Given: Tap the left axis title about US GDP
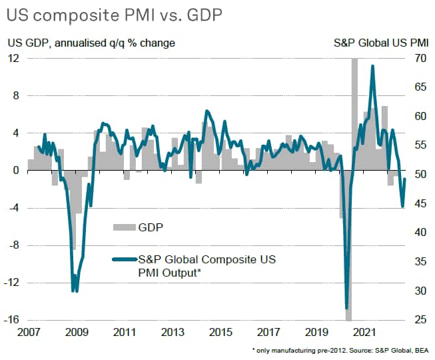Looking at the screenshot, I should (x=91, y=43).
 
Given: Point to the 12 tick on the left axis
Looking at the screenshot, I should (x=13, y=59).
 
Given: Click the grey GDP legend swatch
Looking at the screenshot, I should (x=123, y=227).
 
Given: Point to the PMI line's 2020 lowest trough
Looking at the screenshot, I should (x=346, y=308).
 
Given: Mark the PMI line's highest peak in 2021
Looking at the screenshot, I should (x=372, y=65).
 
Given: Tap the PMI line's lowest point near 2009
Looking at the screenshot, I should (x=73, y=291).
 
